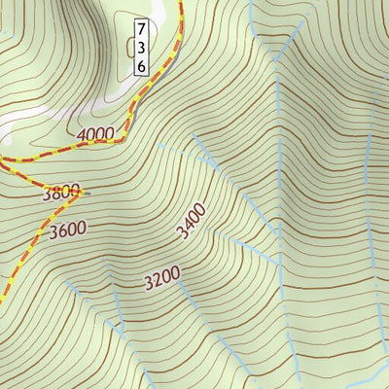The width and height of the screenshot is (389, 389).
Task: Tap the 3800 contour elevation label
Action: coord(60,193)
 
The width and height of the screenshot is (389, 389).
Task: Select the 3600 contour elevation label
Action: coord(67,230)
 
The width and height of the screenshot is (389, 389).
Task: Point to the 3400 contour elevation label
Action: coord(191,221)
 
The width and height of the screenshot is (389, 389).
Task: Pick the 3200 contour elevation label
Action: coord(161,280)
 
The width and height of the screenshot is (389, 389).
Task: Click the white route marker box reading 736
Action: coord(141,47)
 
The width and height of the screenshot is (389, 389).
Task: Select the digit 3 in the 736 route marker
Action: coord(141,47)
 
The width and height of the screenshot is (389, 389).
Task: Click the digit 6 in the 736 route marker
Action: coord(141,65)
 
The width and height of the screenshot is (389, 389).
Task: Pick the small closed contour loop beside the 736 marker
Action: coord(129,44)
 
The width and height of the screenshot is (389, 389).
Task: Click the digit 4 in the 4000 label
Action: coord(80,135)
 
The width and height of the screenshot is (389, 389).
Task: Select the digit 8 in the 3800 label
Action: coord(56,193)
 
